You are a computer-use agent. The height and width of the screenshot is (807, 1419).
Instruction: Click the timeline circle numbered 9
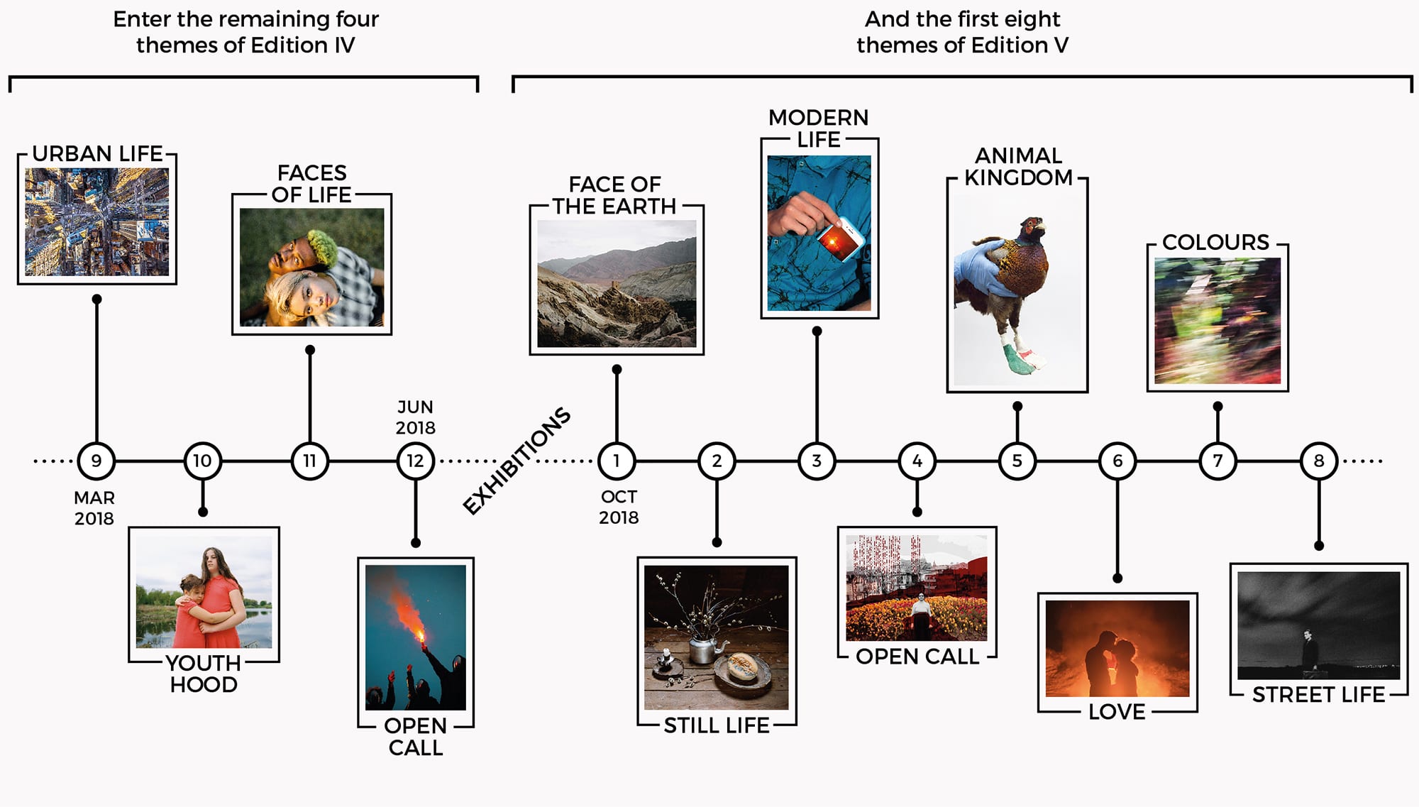click(96, 461)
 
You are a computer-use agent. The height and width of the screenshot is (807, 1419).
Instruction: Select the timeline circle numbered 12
click(416, 461)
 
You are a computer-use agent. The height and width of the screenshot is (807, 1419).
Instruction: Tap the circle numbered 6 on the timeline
click(1117, 461)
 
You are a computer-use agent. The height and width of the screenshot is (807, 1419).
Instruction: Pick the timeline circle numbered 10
click(203, 461)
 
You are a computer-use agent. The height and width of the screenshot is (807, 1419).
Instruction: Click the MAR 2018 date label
click(94, 508)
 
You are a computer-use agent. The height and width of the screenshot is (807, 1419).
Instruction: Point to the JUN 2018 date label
click(415, 417)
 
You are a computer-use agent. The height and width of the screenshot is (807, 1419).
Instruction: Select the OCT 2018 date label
click(619, 507)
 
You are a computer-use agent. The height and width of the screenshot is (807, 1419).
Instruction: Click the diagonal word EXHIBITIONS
click(517, 460)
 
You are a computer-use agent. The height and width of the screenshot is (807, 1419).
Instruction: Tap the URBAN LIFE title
click(98, 153)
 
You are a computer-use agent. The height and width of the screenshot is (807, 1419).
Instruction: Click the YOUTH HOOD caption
click(204, 674)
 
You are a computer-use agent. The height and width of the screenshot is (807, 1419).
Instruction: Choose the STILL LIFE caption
click(717, 725)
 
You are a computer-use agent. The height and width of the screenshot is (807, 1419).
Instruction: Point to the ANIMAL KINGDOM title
click(1019, 167)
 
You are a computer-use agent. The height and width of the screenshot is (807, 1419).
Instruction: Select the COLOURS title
click(1216, 242)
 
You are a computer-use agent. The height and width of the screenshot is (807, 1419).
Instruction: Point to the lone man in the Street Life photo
click(1309, 649)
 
